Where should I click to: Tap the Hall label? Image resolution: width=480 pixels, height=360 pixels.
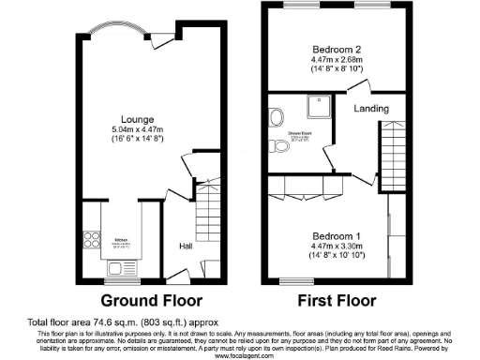187,246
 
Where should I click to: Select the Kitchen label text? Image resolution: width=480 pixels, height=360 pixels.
121,240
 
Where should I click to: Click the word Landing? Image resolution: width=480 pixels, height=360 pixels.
371,109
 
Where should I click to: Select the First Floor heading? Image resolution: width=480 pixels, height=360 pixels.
337,302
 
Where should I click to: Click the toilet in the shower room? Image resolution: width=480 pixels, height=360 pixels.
278,147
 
